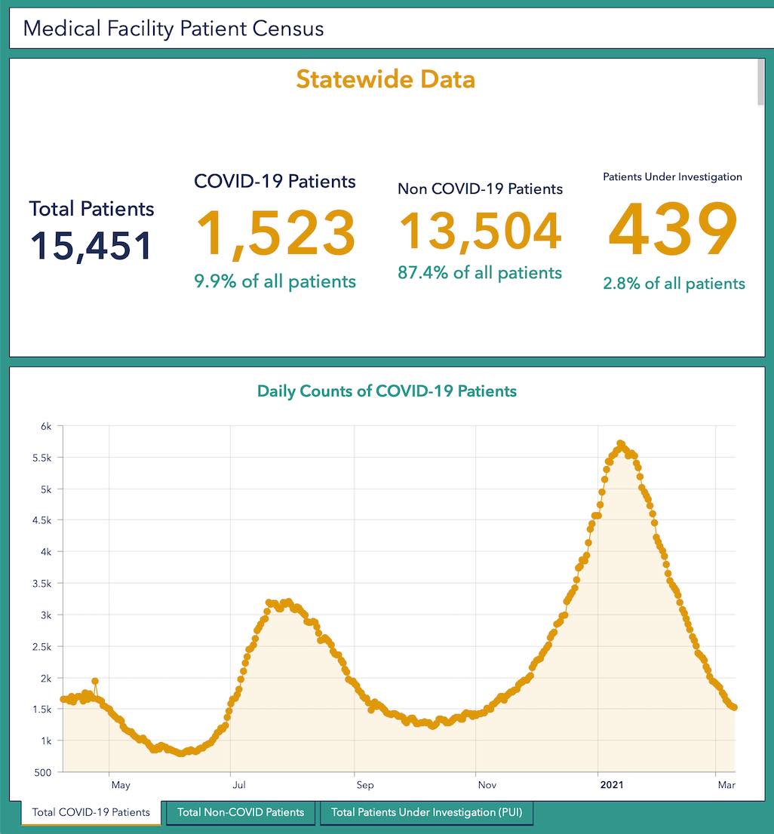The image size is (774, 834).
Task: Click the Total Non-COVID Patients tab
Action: [x=241, y=812]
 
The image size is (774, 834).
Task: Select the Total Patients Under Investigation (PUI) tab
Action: [x=426, y=812]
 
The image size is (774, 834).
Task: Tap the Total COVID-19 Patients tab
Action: [x=91, y=812]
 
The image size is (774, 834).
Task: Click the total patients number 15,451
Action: [x=91, y=246]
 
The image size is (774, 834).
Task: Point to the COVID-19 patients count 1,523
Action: [x=275, y=234]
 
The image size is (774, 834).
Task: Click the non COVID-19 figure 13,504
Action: [x=480, y=231]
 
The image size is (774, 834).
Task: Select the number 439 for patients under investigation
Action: [x=673, y=230]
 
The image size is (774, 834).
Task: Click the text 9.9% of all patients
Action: [x=275, y=281]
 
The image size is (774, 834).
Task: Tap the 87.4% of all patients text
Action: [x=480, y=272]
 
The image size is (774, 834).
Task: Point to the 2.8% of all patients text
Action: [x=674, y=284]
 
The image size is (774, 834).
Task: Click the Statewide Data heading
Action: [x=385, y=79]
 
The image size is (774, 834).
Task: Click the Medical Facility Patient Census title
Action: [x=174, y=29]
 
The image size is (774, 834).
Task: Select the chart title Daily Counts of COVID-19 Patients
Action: [x=387, y=391]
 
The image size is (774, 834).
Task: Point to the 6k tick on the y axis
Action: [x=46, y=426]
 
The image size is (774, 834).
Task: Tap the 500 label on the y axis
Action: [x=44, y=772]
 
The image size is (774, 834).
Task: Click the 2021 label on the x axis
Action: [x=611, y=785]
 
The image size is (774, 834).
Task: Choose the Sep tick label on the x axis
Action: [x=364, y=785]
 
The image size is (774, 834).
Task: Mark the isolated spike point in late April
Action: [x=95, y=681]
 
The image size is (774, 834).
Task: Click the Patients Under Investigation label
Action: [x=673, y=177]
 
